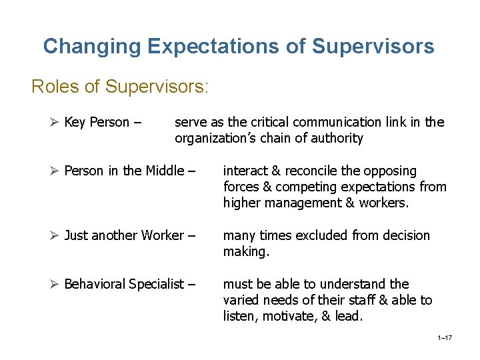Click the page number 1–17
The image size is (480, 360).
tap(445, 338)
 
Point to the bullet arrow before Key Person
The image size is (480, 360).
tap(55, 122)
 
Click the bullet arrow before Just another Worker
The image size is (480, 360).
tap(55, 235)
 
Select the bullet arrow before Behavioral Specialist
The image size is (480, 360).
tap(55, 284)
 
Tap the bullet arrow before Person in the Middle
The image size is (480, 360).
tap(55, 171)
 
